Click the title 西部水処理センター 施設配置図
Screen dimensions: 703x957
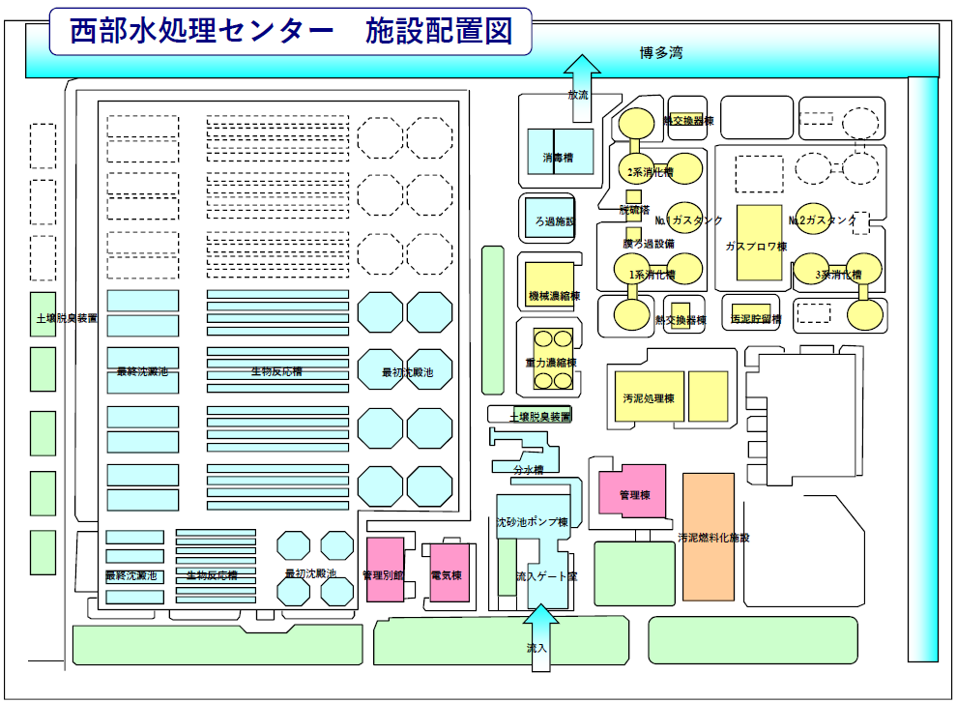tap(290, 31)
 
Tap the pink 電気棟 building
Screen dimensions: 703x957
tap(449, 574)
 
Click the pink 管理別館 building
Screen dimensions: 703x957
tap(384, 574)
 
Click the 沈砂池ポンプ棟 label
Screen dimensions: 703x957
tap(532, 522)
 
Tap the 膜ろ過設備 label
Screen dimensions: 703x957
tap(648, 244)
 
